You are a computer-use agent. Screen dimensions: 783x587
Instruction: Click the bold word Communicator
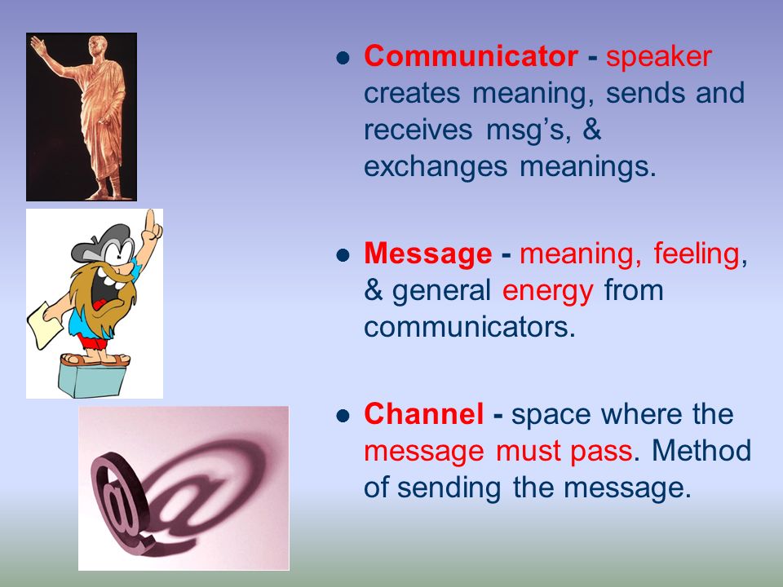point(471,55)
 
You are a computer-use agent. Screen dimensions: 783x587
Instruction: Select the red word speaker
point(659,57)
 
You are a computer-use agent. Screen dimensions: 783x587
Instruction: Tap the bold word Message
point(428,254)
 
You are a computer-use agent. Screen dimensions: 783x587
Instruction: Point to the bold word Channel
point(424,414)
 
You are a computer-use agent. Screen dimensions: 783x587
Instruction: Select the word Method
point(701,450)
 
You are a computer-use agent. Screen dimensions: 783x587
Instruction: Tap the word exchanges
point(436,167)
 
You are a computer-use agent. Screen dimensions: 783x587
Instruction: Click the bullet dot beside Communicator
point(343,59)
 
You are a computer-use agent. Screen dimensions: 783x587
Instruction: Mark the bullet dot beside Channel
point(343,416)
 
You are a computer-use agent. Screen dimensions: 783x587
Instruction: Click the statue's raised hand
point(38,45)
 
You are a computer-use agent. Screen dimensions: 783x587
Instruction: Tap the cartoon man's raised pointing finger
point(150,218)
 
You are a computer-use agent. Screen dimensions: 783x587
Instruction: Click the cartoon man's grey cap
point(100,241)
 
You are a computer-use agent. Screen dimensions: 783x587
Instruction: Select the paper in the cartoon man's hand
point(44,324)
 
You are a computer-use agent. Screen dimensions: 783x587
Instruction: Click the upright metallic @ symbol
point(119,504)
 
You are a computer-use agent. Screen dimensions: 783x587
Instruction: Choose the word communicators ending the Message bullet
point(470,328)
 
